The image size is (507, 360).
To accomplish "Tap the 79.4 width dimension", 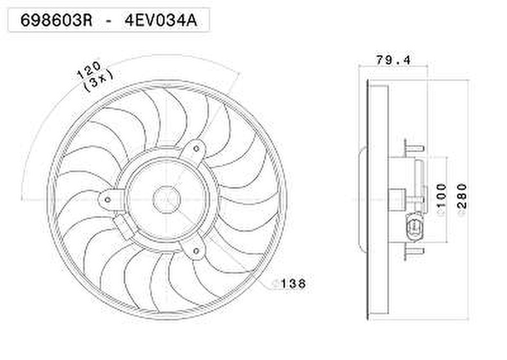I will (x=393, y=59).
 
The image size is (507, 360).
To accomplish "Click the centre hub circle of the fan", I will (x=167, y=199).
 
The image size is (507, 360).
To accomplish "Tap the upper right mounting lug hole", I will (x=196, y=149).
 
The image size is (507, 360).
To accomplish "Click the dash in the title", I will (x=108, y=20).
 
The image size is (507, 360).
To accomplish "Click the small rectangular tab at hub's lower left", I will (x=124, y=227).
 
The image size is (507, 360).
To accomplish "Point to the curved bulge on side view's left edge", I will (x=363, y=199).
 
